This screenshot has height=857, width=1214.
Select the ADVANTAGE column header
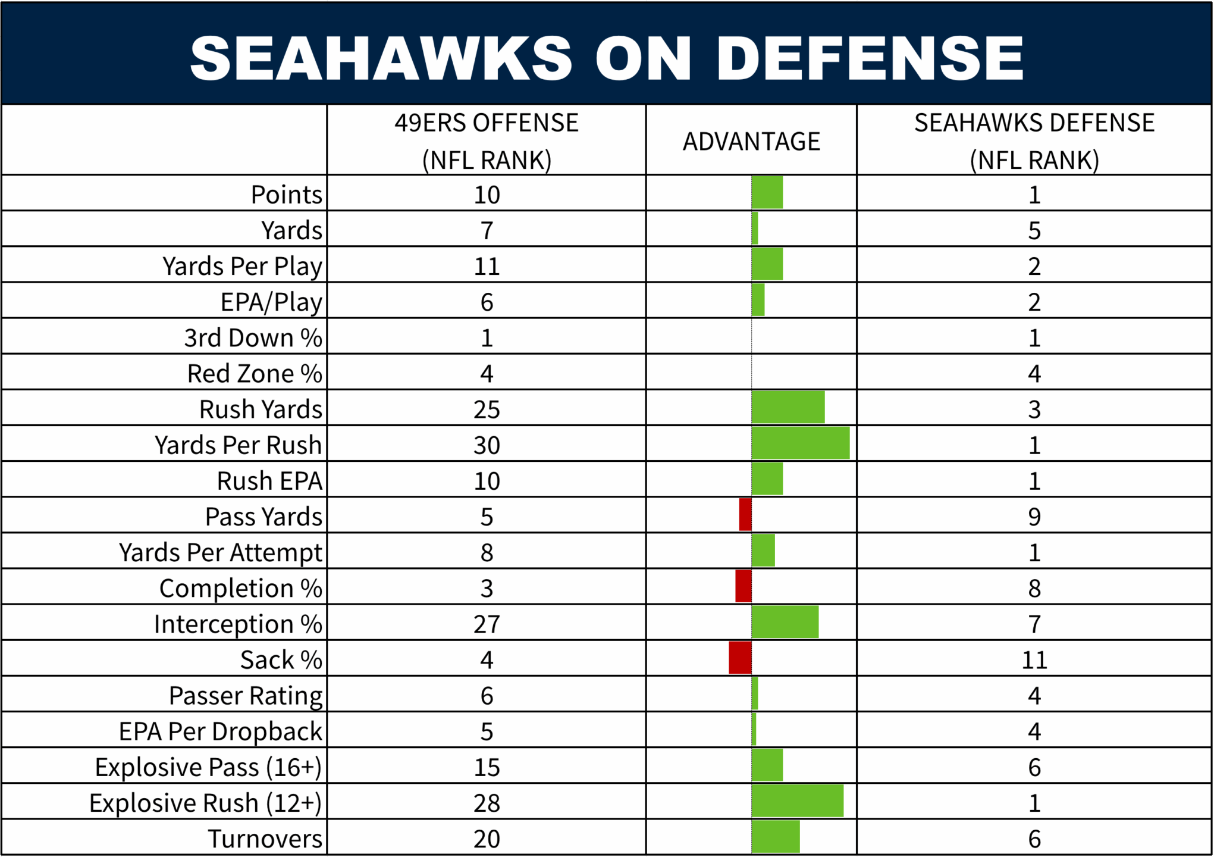751,142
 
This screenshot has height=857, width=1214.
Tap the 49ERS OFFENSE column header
487,141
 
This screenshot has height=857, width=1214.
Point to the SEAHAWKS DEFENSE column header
1034,141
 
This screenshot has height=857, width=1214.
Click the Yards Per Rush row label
238,445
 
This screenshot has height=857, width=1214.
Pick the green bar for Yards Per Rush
800,443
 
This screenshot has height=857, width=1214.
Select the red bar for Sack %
740,658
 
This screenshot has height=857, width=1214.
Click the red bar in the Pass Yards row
745,515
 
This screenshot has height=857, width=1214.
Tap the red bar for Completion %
744,586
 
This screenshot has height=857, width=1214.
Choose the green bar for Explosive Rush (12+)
797,801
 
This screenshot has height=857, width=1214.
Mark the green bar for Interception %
785,622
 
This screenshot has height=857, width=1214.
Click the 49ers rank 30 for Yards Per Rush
487,445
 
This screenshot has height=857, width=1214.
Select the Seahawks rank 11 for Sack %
1034,660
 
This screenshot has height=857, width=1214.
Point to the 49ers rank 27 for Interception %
487,624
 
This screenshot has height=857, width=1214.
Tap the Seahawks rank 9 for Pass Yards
1034,517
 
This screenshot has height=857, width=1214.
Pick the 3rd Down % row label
253,338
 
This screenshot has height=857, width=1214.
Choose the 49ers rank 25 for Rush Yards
487,409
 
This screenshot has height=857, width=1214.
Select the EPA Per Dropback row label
220,731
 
